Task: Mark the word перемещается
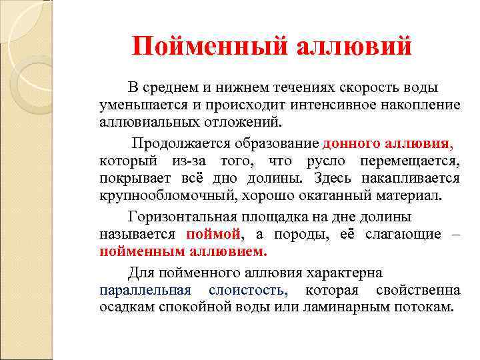[409, 161]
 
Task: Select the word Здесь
[334, 179]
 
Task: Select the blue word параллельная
[145, 291]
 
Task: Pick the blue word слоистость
[248, 291]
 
